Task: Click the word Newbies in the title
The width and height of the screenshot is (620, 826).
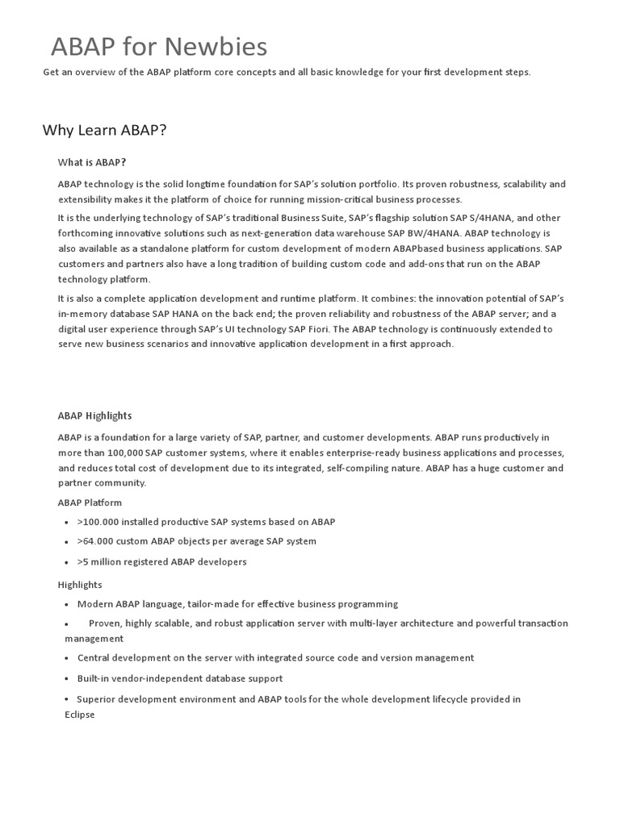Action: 220,47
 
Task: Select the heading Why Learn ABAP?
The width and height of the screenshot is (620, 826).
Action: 104,130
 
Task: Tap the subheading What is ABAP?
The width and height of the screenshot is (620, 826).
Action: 92,162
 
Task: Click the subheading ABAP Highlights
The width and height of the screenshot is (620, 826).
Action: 94,415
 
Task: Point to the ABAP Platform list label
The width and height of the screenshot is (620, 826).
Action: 90,502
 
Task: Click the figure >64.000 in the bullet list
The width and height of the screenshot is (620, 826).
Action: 94,541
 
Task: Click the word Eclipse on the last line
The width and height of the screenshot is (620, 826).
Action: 80,715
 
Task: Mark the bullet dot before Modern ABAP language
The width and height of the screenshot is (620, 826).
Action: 66,604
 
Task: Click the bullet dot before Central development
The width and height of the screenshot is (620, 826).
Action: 66,658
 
